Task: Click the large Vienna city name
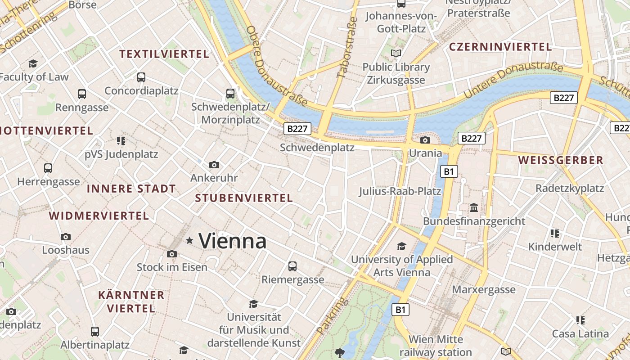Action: (x=232, y=241)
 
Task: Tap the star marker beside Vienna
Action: (x=189, y=241)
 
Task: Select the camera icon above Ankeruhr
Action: (x=214, y=165)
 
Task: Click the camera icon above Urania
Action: (x=425, y=140)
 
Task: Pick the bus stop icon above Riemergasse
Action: (x=292, y=266)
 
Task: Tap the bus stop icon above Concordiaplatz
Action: (x=141, y=77)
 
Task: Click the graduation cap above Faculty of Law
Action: (x=33, y=63)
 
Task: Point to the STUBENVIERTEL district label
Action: (x=244, y=198)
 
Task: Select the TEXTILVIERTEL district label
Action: (x=164, y=54)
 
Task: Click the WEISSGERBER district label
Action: (x=561, y=160)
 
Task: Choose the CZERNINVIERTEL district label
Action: (x=500, y=47)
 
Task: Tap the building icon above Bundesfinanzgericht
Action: (x=474, y=208)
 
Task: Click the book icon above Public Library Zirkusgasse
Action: (x=396, y=54)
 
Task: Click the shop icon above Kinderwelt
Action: (x=555, y=234)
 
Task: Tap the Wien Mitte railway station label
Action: (x=436, y=346)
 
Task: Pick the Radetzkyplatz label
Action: (x=569, y=188)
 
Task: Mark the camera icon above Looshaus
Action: (x=66, y=237)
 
